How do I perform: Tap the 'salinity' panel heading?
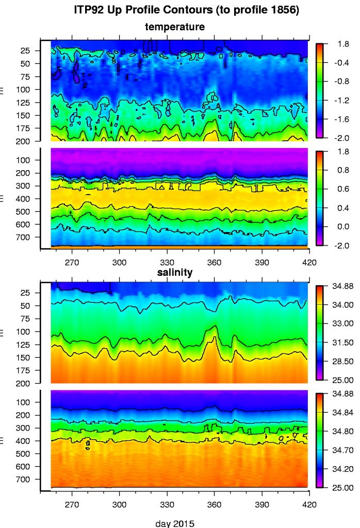pyautogui.click(x=175, y=272)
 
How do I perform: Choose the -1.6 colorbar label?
pyautogui.click(x=339, y=119)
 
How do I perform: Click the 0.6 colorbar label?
pyautogui.click(x=339, y=189)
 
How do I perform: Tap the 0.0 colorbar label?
pyautogui.click(x=339, y=226)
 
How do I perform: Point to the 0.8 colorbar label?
pyautogui.click(x=339, y=170)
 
